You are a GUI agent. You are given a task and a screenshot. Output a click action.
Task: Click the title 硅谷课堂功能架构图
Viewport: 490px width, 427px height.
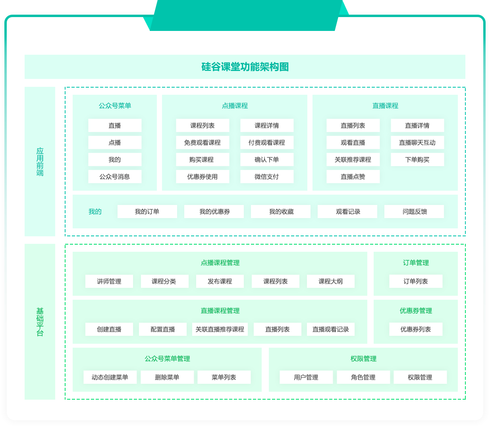(x=245, y=67)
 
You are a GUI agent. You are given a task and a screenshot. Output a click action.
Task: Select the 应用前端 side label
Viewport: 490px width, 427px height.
(x=40, y=162)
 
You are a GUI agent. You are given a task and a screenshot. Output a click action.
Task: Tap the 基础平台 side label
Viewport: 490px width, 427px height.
(x=40, y=322)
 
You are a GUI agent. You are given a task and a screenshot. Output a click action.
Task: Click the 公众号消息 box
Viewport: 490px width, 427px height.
(x=115, y=177)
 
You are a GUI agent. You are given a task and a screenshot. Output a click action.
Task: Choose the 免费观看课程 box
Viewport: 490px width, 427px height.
(x=203, y=143)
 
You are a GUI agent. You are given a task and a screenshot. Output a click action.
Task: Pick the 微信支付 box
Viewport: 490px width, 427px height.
(x=267, y=177)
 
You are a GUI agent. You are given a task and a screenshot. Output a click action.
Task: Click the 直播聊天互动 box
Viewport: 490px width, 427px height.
(x=417, y=143)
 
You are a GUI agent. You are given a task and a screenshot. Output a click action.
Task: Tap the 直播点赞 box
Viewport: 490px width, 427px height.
(x=353, y=177)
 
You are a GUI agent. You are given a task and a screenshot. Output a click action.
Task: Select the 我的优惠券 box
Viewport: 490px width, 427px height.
(x=214, y=212)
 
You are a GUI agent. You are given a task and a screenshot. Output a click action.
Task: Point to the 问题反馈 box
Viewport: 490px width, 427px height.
(x=415, y=212)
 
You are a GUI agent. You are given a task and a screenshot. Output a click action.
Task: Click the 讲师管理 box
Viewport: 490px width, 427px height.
(x=109, y=281)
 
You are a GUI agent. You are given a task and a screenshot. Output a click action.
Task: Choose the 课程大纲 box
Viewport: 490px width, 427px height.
(x=330, y=281)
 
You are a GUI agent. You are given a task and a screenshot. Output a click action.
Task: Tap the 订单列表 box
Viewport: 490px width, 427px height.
(x=416, y=281)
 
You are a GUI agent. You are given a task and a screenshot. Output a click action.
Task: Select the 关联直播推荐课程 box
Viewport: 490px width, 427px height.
(x=220, y=329)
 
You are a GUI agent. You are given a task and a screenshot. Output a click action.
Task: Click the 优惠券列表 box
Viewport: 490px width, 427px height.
(x=416, y=329)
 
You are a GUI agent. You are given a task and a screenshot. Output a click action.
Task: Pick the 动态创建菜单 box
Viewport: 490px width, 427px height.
(x=110, y=377)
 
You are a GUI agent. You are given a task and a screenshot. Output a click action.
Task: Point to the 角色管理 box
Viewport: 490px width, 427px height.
(x=363, y=377)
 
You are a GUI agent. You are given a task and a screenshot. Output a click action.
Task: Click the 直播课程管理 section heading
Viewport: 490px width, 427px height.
(x=220, y=311)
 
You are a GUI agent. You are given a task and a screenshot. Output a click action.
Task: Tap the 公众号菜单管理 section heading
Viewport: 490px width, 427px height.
(x=167, y=359)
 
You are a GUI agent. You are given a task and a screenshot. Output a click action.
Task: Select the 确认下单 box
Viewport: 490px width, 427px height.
(x=267, y=160)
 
